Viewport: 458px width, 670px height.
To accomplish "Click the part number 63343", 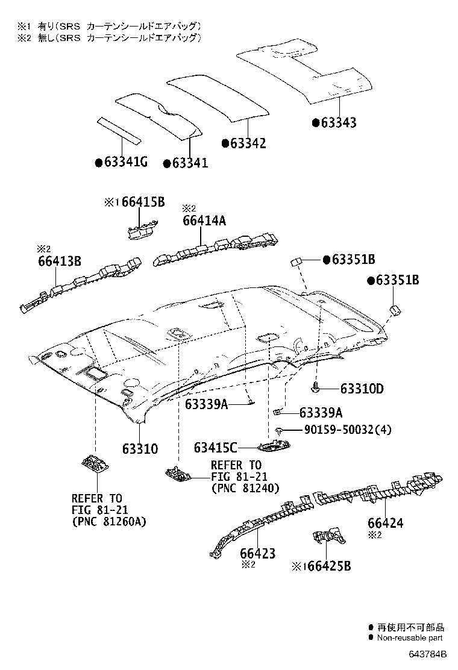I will pyautogui.click(x=338, y=123).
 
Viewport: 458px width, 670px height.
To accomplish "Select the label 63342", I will pyautogui.click(x=248, y=143).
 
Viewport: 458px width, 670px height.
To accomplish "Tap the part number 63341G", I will pyautogui.click(x=126, y=163).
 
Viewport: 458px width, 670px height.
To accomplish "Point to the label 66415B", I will pyautogui.click(x=142, y=202).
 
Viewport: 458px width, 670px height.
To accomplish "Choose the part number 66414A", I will pyautogui.click(x=204, y=221).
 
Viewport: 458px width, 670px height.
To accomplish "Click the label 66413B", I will pyautogui.click(x=60, y=261).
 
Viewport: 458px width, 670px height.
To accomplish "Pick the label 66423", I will pyautogui.click(x=257, y=553).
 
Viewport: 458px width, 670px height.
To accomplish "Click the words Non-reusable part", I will pyautogui.click(x=410, y=637).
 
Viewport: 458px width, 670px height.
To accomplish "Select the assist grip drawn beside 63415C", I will pyautogui.click(x=275, y=446).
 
